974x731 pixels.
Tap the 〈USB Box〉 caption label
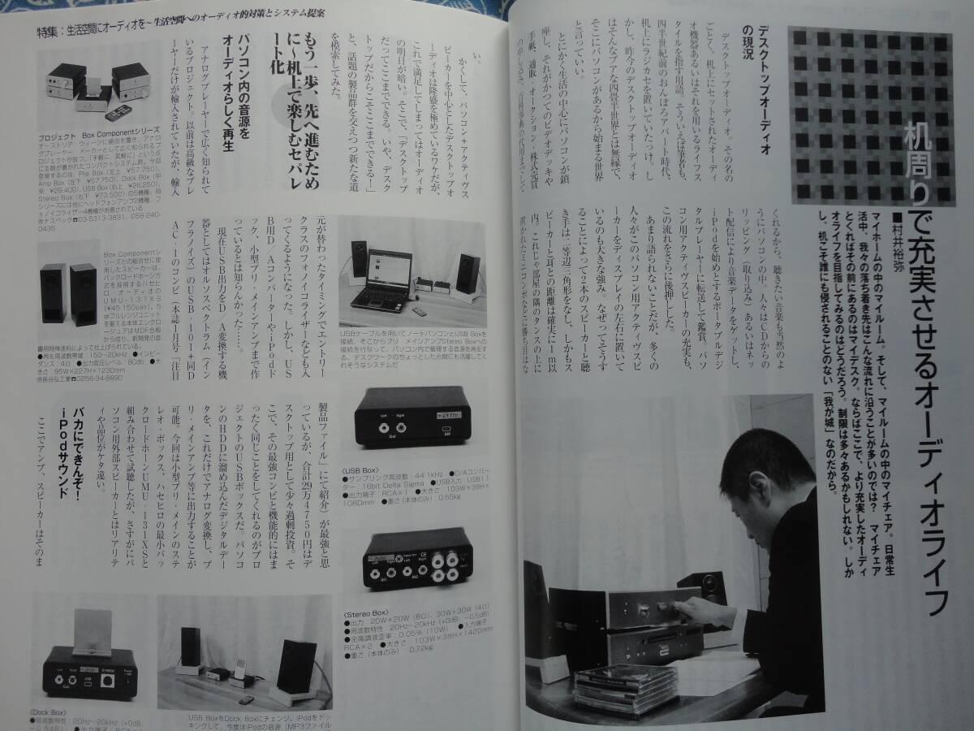[364, 468]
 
